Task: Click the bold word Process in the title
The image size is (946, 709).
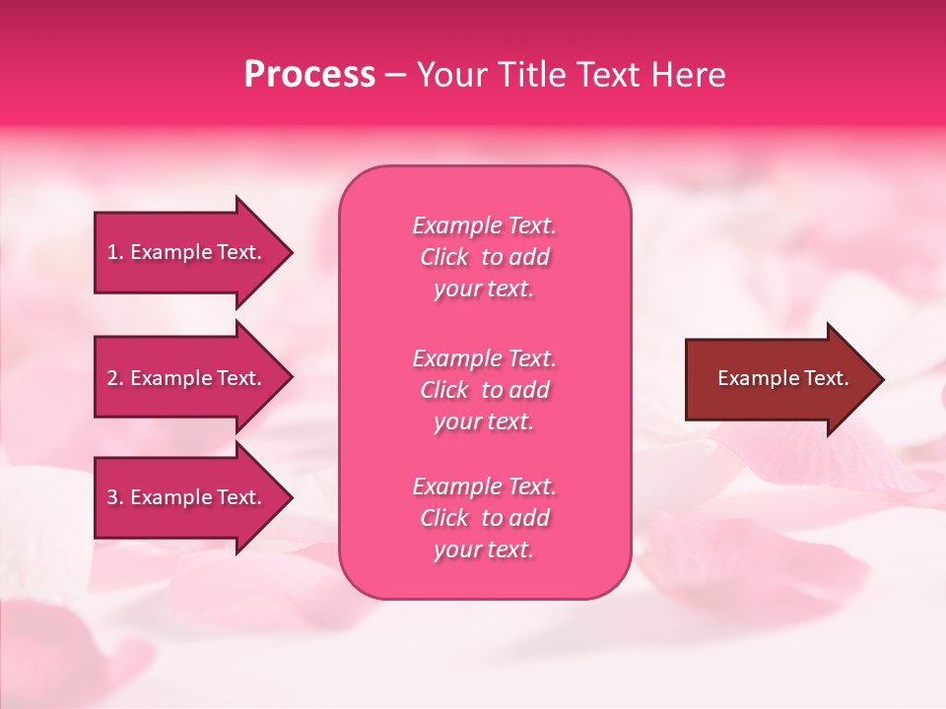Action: click(x=309, y=75)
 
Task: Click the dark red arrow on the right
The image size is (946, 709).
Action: click(x=778, y=379)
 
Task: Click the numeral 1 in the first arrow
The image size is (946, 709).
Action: click(x=112, y=252)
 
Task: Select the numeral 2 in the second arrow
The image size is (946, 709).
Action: click(x=112, y=378)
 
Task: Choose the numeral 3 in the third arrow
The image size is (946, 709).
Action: click(x=112, y=497)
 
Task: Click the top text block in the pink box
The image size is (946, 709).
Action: click(x=484, y=257)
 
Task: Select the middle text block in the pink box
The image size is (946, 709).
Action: click(x=484, y=390)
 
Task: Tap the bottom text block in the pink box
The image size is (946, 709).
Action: click(x=484, y=518)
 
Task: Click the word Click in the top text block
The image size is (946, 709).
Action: click(x=443, y=257)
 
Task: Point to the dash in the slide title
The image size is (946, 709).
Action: click(x=394, y=76)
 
